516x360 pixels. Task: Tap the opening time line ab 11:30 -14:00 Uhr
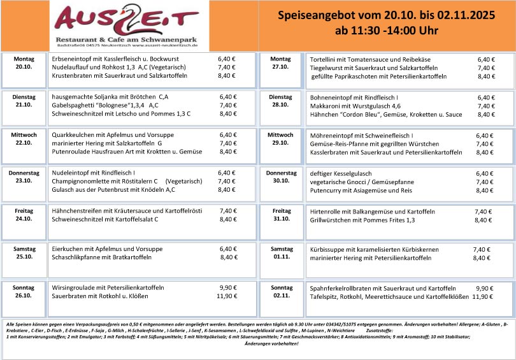coord(387,31)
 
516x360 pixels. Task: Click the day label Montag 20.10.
coord(24,62)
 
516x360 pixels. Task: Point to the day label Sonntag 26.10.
coord(24,292)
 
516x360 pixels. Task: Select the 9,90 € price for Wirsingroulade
coord(229,287)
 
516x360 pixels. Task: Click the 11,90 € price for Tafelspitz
coord(483,296)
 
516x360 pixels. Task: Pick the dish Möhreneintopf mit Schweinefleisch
coord(361,135)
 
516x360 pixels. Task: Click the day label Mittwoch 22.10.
coord(24,139)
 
